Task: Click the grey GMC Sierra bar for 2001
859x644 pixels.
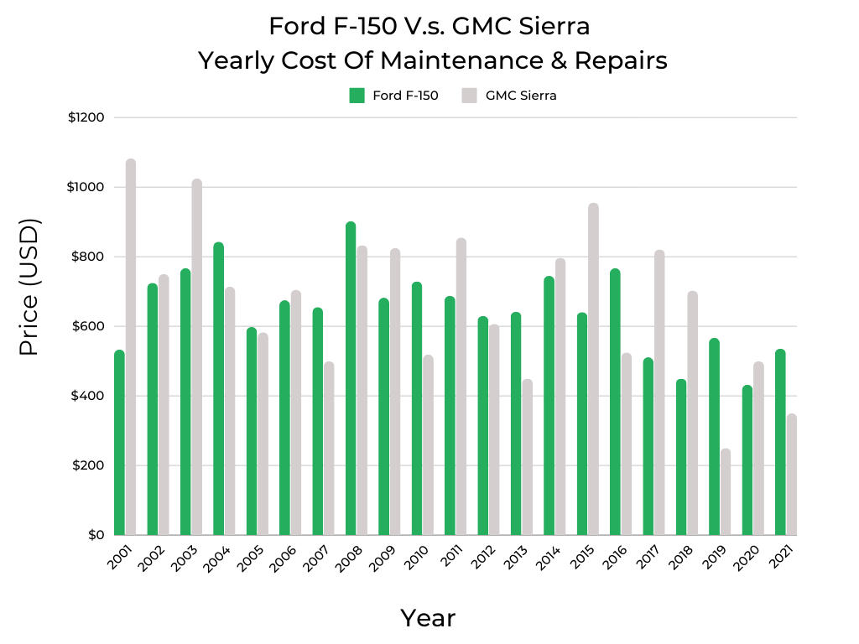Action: click(x=131, y=347)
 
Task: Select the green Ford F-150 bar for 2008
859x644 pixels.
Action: click(x=351, y=378)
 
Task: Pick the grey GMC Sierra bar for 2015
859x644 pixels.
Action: click(x=593, y=369)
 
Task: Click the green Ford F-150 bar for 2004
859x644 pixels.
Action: click(x=219, y=389)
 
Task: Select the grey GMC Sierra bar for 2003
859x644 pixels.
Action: click(x=196, y=357)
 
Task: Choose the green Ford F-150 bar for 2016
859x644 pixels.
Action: click(x=615, y=402)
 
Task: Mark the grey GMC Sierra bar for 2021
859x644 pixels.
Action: click(x=791, y=475)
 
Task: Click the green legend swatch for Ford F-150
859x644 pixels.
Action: click(x=357, y=96)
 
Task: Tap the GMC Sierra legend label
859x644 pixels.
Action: click(x=521, y=96)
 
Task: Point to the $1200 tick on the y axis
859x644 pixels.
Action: click(x=86, y=117)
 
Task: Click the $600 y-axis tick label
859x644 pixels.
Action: click(x=86, y=326)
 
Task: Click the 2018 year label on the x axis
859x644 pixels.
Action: click(x=675, y=560)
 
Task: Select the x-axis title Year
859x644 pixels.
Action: click(x=428, y=618)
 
